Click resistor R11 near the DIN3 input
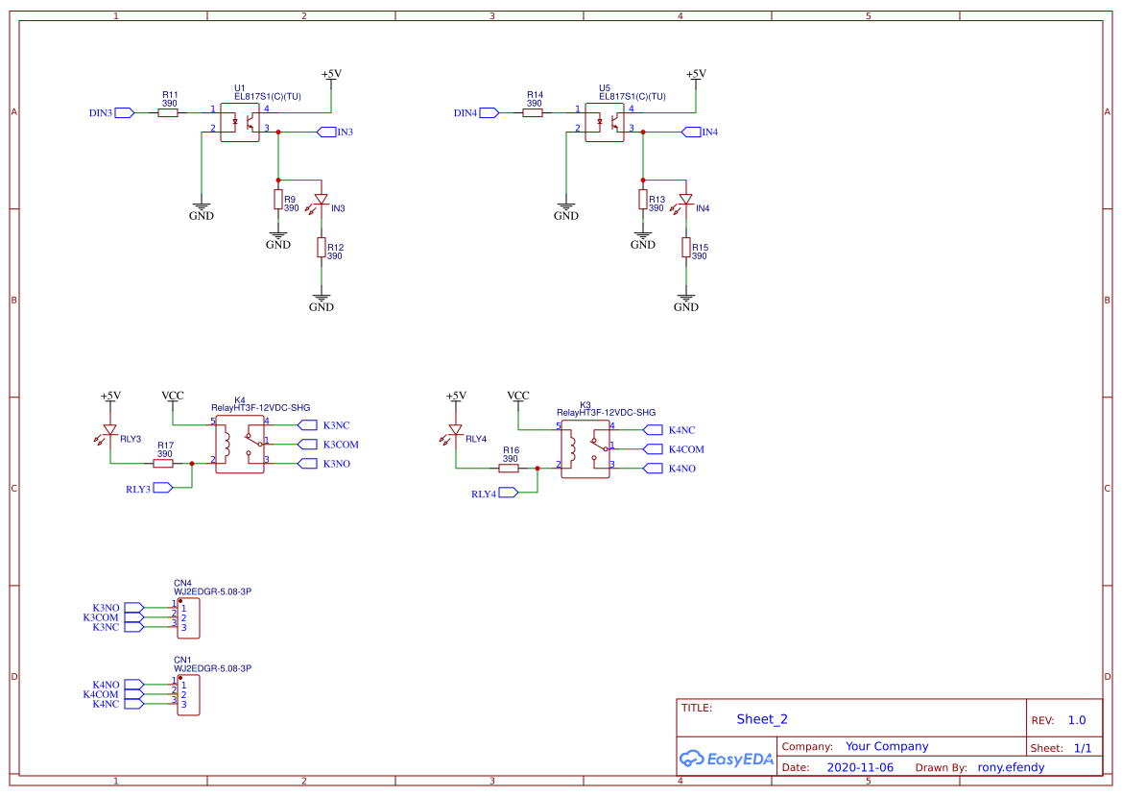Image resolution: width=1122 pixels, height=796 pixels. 168,112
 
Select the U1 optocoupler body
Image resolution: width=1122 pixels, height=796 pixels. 240,122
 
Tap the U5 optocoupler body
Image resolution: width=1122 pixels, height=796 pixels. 605,122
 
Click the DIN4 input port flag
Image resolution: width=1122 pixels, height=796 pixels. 489,112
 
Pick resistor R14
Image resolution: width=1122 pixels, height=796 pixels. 533,112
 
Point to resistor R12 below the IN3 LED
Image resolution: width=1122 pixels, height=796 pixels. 322,248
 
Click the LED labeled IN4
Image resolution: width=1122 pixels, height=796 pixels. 685,200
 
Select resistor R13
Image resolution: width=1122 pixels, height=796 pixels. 643,200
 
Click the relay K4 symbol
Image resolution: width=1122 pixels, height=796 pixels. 240,445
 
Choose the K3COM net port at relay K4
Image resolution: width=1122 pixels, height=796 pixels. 306,444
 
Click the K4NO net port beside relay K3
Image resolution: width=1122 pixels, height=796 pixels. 652,468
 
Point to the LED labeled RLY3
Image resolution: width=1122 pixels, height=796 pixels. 110,430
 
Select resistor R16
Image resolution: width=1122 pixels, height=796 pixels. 509,469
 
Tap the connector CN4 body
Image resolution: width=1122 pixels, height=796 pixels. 188,617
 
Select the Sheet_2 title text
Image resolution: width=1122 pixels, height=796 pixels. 762,719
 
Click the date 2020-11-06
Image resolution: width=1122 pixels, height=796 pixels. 859,767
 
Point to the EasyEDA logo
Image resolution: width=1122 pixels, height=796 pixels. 727,759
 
